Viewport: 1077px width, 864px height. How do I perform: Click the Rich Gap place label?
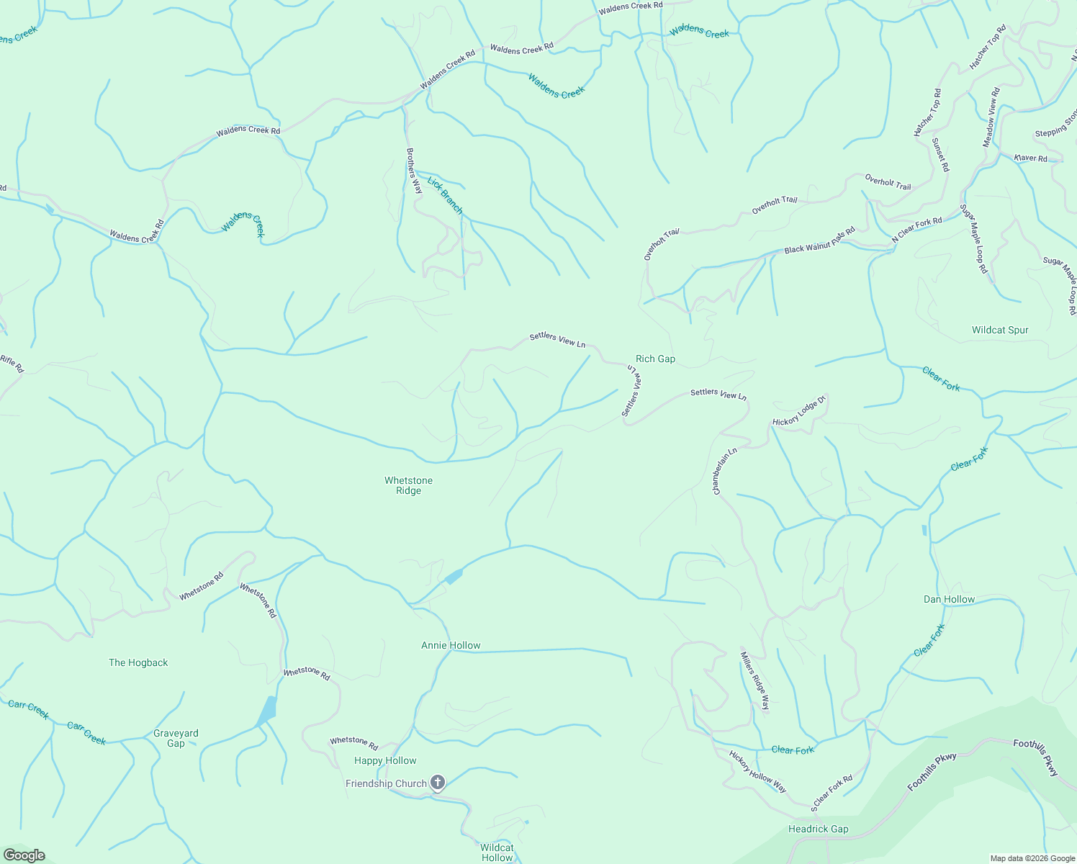(x=655, y=359)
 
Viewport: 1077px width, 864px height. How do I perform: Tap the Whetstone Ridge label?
(x=408, y=485)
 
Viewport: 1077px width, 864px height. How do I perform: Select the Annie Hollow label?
(x=451, y=645)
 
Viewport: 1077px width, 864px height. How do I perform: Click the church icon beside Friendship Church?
(x=438, y=783)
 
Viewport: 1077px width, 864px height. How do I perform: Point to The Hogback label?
(x=138, y=662)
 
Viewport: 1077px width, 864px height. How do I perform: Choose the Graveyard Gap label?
(x=176, y=738)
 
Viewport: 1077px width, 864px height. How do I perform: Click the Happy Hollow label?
(x=385, y=760)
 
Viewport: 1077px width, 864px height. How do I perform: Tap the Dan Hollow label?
(x=949, y=599)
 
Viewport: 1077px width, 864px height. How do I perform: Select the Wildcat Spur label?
(x=1000, y=330)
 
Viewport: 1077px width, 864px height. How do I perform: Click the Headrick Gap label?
(x=818, y=829)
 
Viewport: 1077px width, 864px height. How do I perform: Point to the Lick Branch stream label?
(x=445, y=195)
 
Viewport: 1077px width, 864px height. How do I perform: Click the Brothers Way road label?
(x=414, y=171)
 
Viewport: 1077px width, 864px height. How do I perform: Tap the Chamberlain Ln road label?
(x=725, y=472)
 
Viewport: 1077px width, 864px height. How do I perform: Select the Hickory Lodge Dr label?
(x=798, y=411)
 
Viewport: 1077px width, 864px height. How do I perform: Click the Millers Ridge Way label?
(x=754, y=681)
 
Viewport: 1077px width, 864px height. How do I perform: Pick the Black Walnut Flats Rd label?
(x=819, y=240)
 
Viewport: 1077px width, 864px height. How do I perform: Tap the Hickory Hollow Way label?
(x=757, y=772)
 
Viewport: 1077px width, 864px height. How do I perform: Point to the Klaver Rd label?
(x=1030, y=158)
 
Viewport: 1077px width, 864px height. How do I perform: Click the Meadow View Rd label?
(x=991, y=117)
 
